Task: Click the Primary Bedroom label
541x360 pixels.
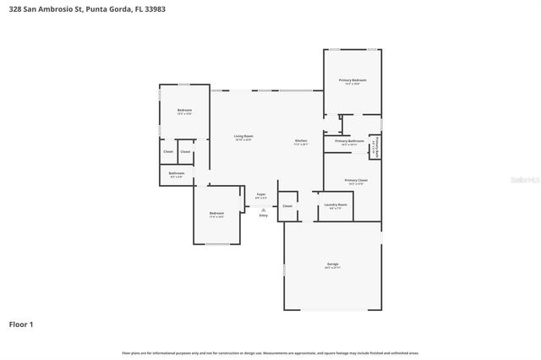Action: click(352, 81)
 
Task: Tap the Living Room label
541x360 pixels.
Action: click(243, 137)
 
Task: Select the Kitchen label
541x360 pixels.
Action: click(301, 141)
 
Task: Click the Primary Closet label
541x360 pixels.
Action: click(356, 181)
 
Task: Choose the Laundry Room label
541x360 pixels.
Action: click(336, 205)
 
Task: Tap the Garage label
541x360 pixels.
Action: click(332, 265)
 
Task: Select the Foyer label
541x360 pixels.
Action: click(261, 195)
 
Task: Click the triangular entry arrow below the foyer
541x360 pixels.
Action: click(263, 209)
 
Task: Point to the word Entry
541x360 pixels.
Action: click(263, 215)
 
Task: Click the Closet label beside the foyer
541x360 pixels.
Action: click(287, 205)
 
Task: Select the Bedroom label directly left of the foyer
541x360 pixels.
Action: click(216, 214)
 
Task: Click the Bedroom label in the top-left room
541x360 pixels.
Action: click(183, 112)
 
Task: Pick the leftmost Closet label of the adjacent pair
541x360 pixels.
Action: click(167, 152)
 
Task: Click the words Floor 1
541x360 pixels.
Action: click(21, 324)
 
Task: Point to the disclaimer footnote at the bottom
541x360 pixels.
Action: click(270, 352)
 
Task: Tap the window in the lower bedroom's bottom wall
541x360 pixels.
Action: click(218, 244)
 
